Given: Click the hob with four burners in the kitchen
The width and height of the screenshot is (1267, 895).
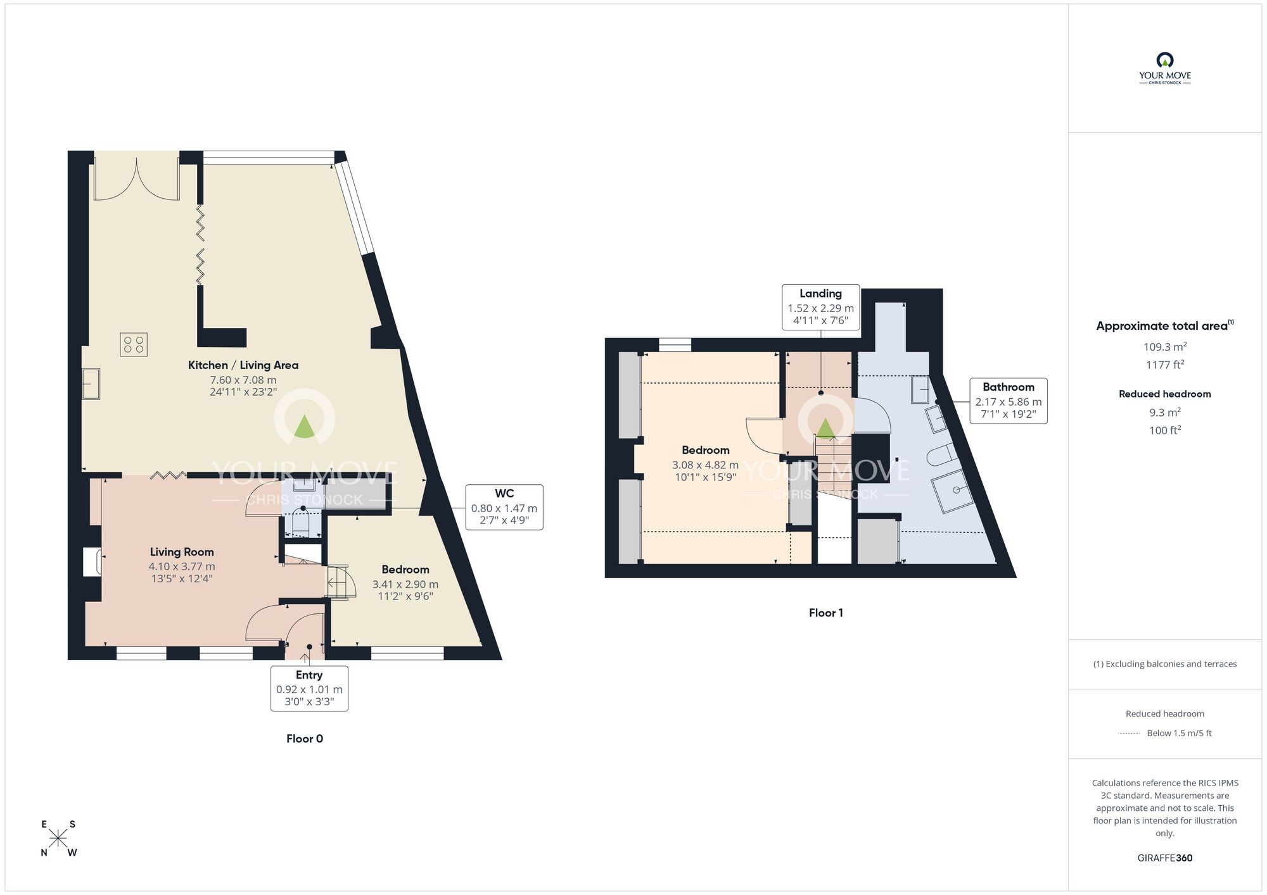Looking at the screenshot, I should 134,344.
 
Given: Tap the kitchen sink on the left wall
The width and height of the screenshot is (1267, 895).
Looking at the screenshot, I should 91,384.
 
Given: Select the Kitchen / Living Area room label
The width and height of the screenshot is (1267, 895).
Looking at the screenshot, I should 243,365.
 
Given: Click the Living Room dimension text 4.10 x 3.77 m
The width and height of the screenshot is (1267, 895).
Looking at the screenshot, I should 182,566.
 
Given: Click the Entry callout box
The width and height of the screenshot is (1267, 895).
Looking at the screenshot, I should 309,688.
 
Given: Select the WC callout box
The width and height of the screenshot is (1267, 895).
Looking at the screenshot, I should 504,507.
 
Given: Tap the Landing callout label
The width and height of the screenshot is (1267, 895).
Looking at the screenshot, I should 820,307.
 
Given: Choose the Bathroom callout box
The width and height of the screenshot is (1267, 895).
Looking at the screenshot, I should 1008,401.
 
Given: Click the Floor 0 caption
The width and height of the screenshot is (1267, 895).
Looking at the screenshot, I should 305,739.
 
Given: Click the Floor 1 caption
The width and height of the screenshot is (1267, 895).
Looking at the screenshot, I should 825,613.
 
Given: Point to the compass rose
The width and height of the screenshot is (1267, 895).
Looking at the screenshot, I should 58,839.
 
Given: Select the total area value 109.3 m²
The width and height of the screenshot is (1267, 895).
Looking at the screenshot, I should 1164,347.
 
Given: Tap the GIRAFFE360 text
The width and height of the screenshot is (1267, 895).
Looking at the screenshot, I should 1164,858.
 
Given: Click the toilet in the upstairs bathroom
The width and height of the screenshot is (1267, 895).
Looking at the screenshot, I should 942,454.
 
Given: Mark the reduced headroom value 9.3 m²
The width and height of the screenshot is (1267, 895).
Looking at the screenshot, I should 1164,413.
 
